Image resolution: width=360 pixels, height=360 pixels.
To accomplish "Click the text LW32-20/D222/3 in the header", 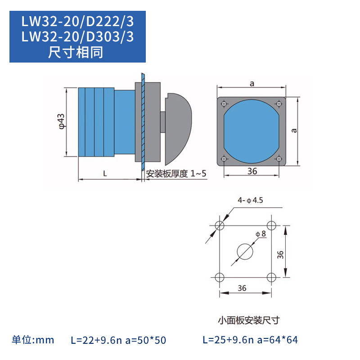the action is [78, 22].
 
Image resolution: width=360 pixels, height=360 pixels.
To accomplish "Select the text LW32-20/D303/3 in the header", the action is [78, 37].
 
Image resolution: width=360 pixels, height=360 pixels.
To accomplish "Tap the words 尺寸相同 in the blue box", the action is [78, 52].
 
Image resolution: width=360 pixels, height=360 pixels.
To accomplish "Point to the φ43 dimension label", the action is [62, 122].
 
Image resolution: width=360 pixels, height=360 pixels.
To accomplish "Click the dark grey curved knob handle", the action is [178, 128].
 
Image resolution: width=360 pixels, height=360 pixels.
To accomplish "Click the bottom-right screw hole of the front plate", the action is [279, 158].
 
